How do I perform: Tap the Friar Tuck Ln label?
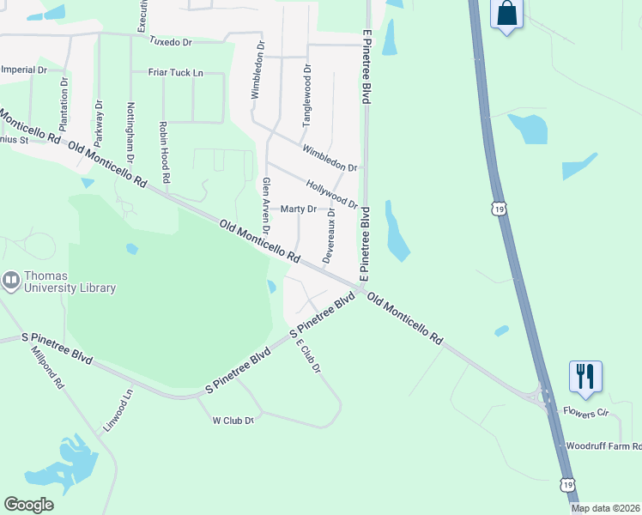coord(175,73)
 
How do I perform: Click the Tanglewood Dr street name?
coord(306,94)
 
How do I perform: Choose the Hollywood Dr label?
coord(331,192)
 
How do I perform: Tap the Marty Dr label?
coord(299,209)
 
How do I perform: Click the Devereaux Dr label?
coord(329,235)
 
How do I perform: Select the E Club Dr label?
coord(307,355)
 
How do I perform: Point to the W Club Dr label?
coord(233,421)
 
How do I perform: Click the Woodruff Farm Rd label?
coord(603,446)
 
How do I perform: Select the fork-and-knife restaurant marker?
coord(585,376)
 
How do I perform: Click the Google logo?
coord(29,505)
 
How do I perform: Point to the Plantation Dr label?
coord(64,106)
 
